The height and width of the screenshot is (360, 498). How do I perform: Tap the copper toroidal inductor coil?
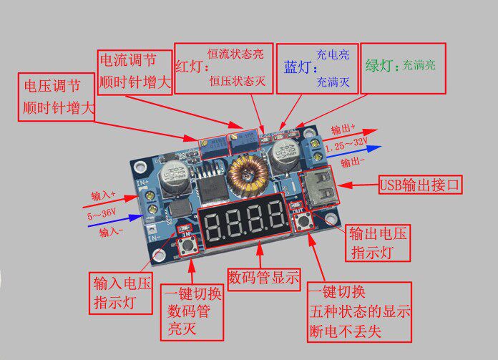coord(248,176)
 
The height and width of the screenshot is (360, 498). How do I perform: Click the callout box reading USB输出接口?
coord(421,185)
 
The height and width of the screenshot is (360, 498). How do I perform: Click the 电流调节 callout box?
coord(135,71)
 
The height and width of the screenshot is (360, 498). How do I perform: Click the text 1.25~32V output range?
coord(351,147)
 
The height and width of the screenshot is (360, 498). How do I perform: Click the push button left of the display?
coord(190,247)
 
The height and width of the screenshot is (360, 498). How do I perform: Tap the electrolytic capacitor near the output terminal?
coord(285,151)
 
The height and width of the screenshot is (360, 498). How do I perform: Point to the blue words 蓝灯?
coord(298,67)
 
